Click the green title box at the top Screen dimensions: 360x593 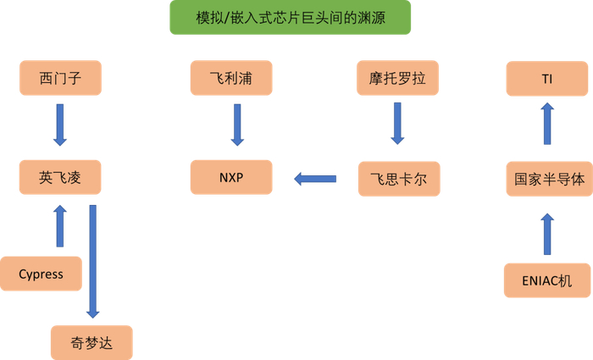point(290,17)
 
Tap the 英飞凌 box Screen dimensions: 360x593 point(59,178)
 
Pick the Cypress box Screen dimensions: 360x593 point(42,274)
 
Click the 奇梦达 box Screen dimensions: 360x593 point(91,343)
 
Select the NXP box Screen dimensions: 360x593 point(231,178)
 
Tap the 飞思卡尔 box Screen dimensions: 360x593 point(398,179)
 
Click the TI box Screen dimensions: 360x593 point(547,79)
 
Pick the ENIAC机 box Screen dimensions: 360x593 point(547,280)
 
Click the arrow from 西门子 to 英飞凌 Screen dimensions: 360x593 point(59,125)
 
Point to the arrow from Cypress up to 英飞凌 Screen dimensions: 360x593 point(59,226)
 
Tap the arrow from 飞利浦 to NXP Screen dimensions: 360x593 point(237,125)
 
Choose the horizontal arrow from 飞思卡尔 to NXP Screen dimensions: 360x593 point(314,179)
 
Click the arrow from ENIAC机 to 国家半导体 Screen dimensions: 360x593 point(547,234)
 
